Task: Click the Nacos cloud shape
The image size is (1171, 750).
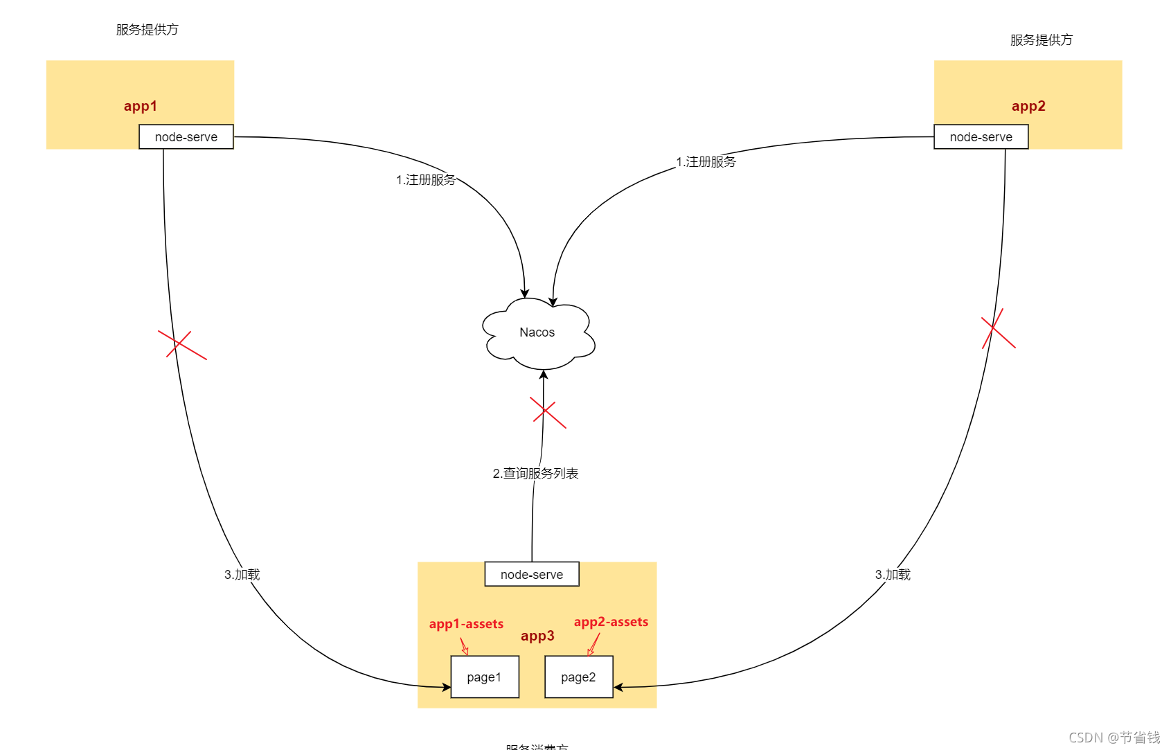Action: tap(537, 333)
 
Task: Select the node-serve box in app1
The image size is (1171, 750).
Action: tap(186, 137)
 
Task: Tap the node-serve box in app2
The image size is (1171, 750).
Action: tap(981, 137)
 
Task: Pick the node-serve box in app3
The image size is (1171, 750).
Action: tap(531, 574)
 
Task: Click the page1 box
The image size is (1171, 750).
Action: tap(484, 677)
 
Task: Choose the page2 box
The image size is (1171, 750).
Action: tap(578, 677)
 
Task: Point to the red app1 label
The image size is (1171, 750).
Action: tap(141, 106)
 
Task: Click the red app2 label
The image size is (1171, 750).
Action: tap(1028, 106)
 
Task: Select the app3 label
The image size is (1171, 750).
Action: tap(537, 636)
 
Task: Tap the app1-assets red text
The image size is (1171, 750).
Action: tap(466, 624)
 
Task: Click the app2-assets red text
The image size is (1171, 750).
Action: tap(611, 622)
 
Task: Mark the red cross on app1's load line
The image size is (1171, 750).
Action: tap(181, 344)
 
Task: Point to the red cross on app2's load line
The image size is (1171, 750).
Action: tap(997, 328)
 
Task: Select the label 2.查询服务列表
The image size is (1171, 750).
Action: tap(535, 473)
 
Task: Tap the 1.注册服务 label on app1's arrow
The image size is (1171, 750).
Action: tap(426, 180)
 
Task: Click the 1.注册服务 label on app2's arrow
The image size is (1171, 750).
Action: tap(706, 162)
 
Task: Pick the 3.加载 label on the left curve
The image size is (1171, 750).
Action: tap(242, 574)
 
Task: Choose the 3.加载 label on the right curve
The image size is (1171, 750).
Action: tap(893, 574)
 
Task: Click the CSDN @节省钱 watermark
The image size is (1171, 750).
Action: tap(1114, 738)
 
